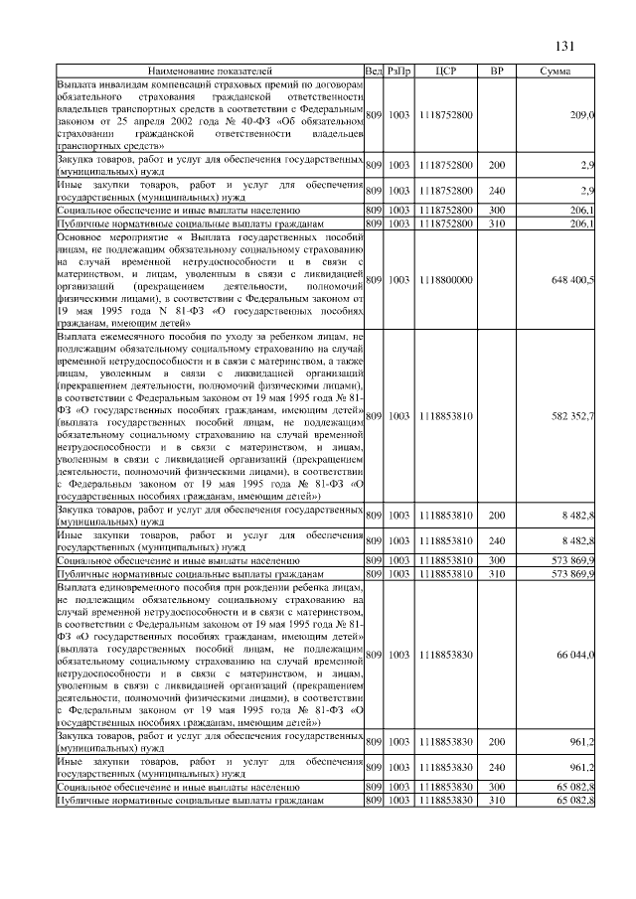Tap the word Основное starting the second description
82,237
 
